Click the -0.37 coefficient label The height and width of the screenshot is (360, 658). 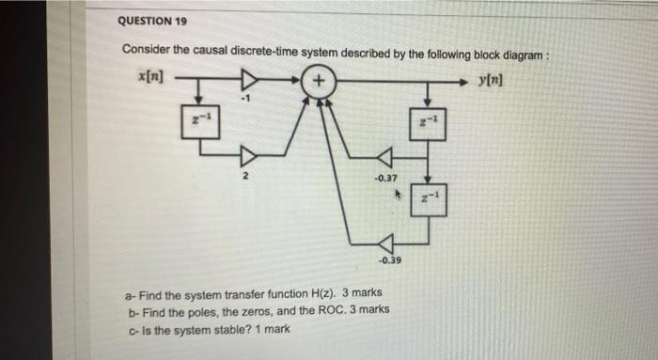tap(384, 179)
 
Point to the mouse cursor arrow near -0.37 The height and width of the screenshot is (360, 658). tap(398, 196)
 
